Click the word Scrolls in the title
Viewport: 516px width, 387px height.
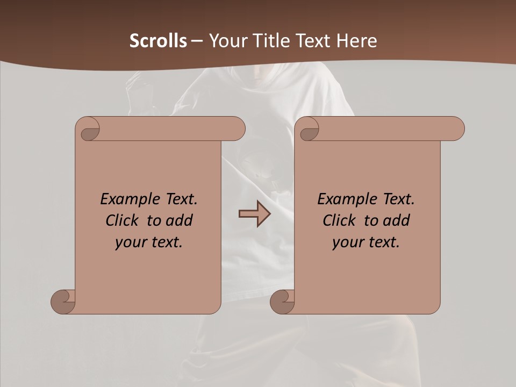159,41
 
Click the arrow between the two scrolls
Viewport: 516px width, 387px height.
254,214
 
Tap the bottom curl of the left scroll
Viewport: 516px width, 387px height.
63,302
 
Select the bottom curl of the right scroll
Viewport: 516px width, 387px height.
282,302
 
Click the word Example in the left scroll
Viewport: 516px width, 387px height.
127,199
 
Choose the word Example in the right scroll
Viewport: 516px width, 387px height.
344,199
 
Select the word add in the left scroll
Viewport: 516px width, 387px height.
179,220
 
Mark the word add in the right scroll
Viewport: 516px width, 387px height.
396,220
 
